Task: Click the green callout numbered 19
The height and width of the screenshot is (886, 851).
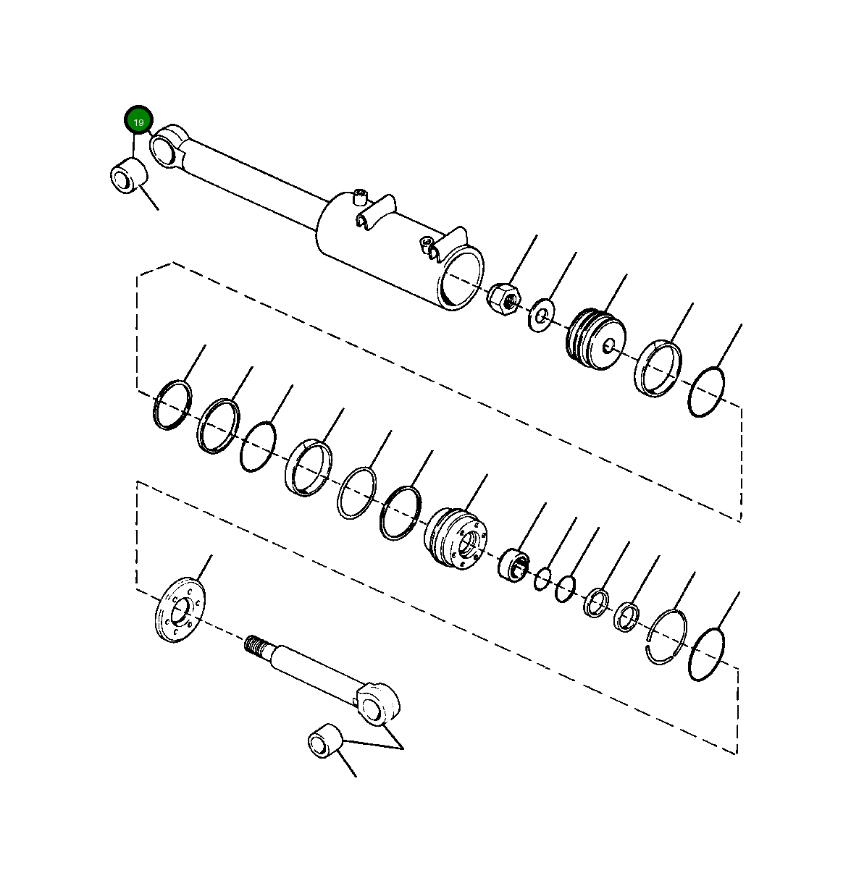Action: tap(138, 122)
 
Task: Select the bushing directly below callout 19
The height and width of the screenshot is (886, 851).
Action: tap(127, 177)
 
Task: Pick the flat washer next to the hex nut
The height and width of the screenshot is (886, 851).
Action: tap(540, 313)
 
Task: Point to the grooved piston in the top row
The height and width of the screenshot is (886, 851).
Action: tap(595, 339)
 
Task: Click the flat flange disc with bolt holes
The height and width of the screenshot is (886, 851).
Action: tap(180, 609)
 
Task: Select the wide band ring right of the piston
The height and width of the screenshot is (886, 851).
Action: tap(658, 368)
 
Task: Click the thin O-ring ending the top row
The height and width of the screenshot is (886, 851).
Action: tap(707, 392)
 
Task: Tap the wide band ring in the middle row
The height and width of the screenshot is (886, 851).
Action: tap(309, 468)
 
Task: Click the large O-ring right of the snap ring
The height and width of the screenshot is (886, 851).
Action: tap(706, 655)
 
